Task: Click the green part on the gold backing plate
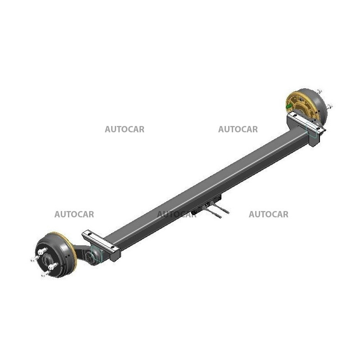[x=288, y=106]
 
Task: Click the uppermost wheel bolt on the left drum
[x=42, y=251]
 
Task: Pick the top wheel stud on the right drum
[x=319, y=91]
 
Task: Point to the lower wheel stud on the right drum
[x=330, y=106]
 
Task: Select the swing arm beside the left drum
[x=87, y=254]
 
